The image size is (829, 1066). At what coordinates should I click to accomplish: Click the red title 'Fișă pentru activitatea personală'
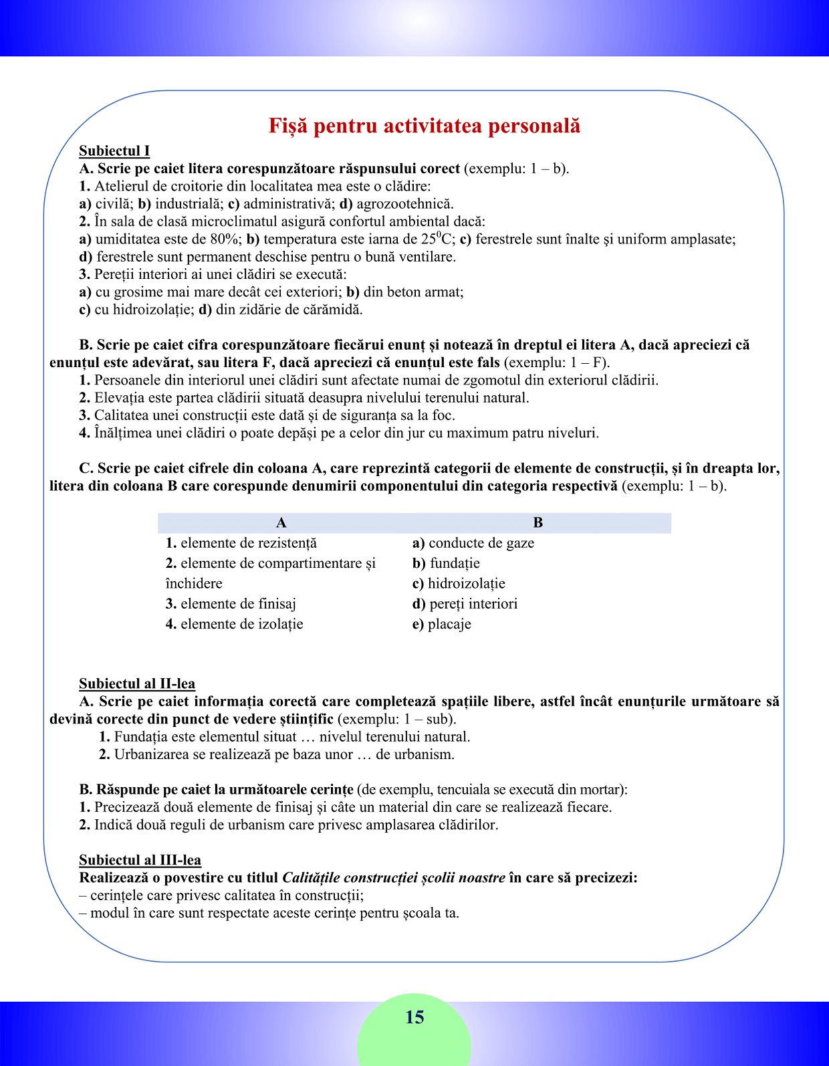(424, 126)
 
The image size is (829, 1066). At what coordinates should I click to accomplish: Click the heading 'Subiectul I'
(114, 151)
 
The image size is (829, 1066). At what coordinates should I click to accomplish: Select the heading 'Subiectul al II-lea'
(137, 683)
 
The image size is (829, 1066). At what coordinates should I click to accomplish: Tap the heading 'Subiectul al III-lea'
(140, 860)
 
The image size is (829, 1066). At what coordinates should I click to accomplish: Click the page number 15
(414, 1017)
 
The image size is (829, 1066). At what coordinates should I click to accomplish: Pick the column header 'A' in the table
(281, 523)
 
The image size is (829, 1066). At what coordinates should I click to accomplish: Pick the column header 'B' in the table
(538, 523)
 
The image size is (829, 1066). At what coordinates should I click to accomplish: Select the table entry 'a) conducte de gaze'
(473, 543)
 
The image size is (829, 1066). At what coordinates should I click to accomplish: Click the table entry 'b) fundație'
(446, 563)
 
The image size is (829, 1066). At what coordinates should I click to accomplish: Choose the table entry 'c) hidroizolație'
(459, 583)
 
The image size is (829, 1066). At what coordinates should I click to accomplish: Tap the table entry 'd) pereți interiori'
(465, 604)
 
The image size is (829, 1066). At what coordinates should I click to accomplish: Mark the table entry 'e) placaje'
(442, 624)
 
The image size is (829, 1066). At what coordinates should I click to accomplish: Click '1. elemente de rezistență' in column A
(241, 543)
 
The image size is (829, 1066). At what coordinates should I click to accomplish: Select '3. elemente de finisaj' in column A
(231, 604)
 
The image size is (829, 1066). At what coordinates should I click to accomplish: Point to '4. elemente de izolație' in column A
(235, 624)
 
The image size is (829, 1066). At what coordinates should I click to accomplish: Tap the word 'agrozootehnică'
(404, 204)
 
